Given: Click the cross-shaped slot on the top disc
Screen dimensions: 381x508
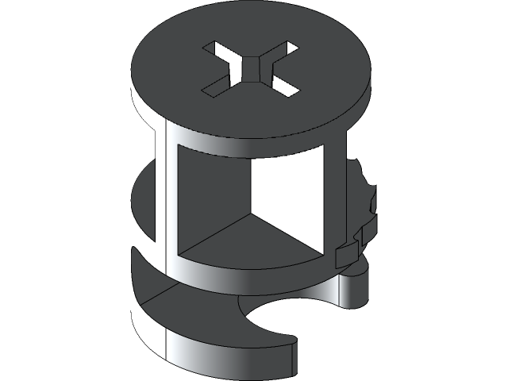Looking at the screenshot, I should pos(249,70).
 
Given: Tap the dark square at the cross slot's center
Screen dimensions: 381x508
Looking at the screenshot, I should pos(250,69).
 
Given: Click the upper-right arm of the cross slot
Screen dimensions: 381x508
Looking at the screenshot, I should pos(283,52).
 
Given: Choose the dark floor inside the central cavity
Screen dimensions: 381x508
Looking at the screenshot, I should pos(246,242).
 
